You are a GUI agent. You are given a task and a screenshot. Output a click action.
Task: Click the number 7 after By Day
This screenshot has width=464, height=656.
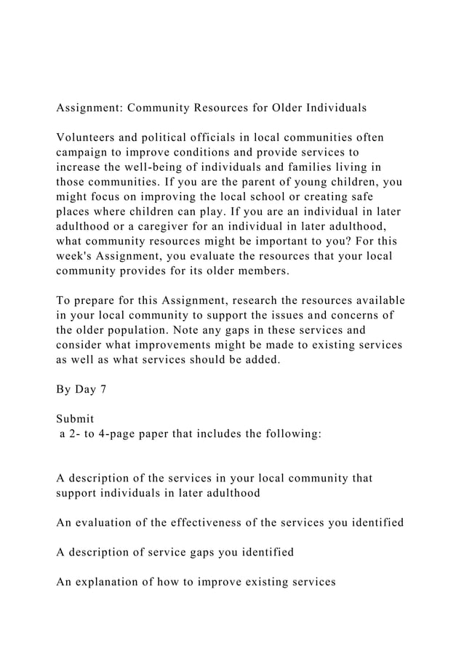pos(103,388)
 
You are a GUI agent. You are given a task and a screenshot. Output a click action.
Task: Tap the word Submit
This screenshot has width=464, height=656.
pos(75,419)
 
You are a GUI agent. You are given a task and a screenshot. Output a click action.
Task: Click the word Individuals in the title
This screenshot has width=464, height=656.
pos(332,108)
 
